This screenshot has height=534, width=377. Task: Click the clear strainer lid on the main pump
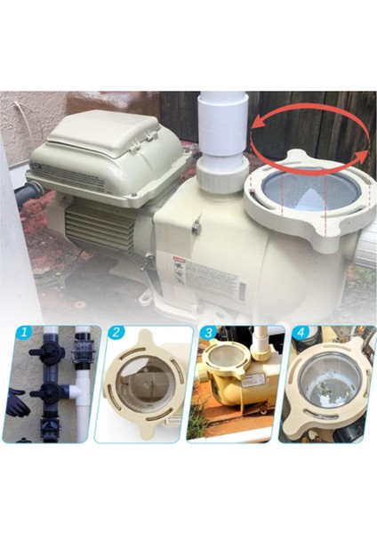click(306, 190)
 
